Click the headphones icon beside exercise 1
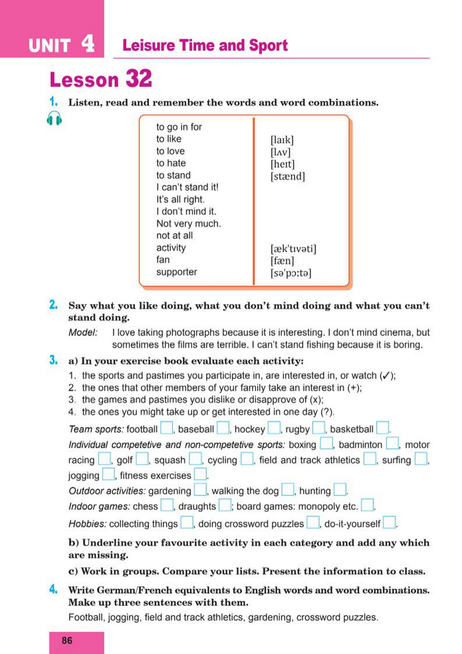click(x=55, y=119)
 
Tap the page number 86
click(x=66, y=641)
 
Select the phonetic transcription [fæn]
click(x=282, y=261)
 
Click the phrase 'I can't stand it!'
click(x=187, y=187)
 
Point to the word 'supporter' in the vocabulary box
click(x=176, y=271)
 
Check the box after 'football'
click(x=167, y=428)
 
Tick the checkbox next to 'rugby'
click(x=319, y=428)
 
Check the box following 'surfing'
click(x=421, y=459)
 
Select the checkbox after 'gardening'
click(x=200, y=490)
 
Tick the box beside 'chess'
click(x=167, y=506)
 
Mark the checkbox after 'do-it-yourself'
click(x=390, y=523)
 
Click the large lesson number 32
click(x=138, y=80)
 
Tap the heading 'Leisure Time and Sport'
click(x=205, y=46)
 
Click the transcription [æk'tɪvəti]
click(x=293, y=249)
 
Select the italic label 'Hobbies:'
click(x=87, y=524)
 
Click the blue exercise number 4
click(x=53, y=589)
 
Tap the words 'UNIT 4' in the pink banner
click(x=61, y=45)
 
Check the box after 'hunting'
click(x=340, y=490)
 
